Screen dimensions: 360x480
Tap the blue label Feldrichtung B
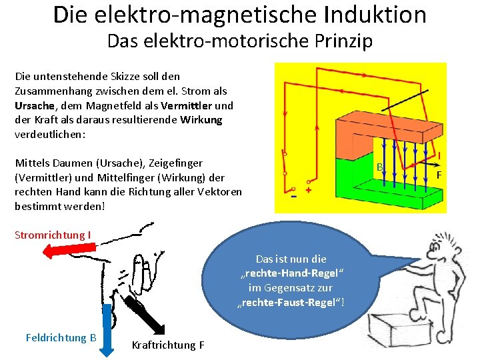[61, 337]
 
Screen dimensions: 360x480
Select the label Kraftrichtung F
[168, 345]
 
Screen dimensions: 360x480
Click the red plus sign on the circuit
[309, 190]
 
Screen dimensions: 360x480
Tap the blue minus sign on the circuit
[293, 197]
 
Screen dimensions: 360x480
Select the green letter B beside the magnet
[379, 167]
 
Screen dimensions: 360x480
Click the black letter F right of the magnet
[439, 175]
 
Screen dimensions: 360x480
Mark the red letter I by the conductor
[439, 155]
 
